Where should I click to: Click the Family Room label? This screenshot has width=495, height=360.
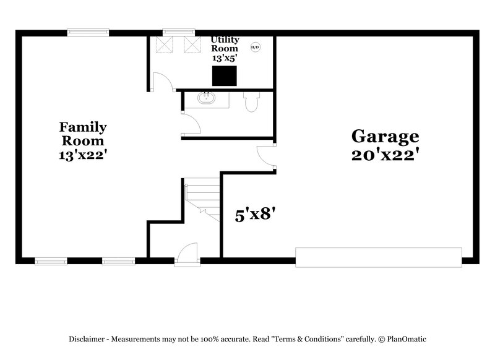click(x=83, y=134)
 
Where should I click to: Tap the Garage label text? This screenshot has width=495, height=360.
click(x=385, y=135)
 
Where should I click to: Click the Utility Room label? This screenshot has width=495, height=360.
click(x=224, y=43)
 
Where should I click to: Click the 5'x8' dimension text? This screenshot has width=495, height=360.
click(x=254, y=215)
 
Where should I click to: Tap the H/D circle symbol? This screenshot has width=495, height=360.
click(x=255, y=47)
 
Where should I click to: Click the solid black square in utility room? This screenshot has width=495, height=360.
click(x=225, y=75)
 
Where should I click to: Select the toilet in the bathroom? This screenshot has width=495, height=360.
click(x=251, y=101)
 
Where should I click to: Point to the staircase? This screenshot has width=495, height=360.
click(x=202, y=199)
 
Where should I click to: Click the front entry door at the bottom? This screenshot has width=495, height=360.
click(x=186, y=255)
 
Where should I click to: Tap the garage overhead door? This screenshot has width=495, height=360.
click(x=378, y=257)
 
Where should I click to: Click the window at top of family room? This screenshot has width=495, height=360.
click(x=88, y=33)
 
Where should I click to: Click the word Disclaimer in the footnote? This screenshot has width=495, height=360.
click(x=87, y=339)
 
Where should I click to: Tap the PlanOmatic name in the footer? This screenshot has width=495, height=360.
click(x=406, y=339)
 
